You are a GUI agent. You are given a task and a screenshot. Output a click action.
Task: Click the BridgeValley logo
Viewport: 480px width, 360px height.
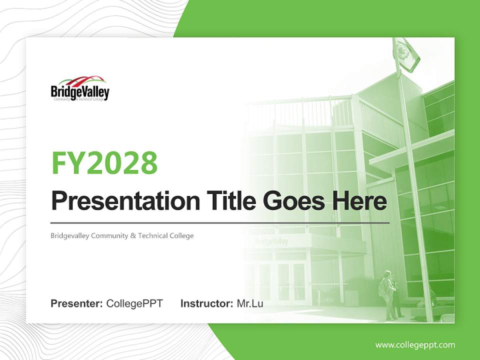[x=80, y=88]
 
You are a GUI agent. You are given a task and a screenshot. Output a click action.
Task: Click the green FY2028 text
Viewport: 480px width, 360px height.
[x=105, y=162]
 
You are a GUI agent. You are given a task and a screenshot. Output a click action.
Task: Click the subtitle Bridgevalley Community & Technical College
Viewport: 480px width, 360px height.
[x=122, y=235]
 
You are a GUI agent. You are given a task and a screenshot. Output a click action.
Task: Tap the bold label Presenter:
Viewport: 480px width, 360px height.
[x=77, y=303]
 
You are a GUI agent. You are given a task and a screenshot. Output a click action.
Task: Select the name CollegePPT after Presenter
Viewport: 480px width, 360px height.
[x=134, y=303]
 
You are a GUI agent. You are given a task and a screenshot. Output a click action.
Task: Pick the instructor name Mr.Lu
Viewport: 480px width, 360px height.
[x=250, y=303]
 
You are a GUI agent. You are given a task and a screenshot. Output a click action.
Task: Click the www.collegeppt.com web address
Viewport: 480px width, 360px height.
[x=415, y=344]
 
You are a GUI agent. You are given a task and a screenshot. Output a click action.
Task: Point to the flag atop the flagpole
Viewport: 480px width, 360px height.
[x=406, y=53]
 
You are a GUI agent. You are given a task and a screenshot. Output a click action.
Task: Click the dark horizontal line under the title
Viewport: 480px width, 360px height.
[x=220, y=222]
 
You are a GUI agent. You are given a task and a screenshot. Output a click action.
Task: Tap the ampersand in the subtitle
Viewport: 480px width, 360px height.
[x=132, y=235]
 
